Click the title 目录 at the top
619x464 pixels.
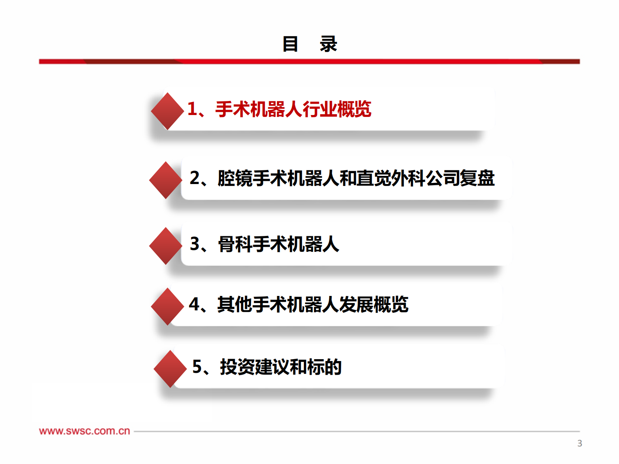309,44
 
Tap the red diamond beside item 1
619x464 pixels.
167,111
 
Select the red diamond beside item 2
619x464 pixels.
165,180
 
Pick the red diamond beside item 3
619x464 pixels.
165,246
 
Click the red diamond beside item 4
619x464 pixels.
167,306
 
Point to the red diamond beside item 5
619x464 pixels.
170,369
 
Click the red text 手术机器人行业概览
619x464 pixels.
293,109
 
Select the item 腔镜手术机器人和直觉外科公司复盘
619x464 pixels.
356,178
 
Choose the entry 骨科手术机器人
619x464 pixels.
278,244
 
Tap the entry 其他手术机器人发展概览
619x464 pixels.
312,305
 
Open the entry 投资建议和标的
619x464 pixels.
280,367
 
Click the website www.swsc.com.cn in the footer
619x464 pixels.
84,431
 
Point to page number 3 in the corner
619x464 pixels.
580,443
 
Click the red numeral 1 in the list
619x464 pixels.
192,109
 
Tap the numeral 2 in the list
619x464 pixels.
194,178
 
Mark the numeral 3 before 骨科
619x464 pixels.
194,244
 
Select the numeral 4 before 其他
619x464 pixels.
194,305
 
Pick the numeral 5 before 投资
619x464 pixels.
197,367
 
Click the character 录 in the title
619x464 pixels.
328,44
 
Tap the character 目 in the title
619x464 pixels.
290,44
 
